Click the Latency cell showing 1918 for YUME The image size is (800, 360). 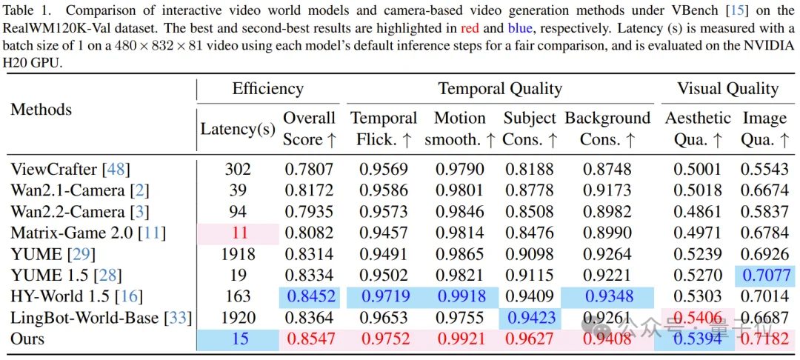tap(239, 254)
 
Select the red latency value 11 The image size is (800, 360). tap(239, 233)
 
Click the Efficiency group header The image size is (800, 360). tap(267, 89)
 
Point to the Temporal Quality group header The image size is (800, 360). tap(500, 89)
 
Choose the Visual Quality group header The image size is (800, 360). tap(727, 89)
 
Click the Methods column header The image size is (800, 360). tap(41, 110)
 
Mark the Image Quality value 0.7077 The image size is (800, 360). tap(765, 276)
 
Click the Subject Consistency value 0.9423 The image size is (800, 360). tap(529, 318)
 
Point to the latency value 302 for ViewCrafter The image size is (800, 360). tap(239, 169)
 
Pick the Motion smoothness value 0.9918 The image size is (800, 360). tap(459, 296)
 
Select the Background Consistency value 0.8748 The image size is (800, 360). tap(607, 169)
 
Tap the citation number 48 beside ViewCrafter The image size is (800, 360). tap(116, 169)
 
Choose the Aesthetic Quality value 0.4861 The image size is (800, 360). tap(698, 212)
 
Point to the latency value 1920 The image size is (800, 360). tap(239, 318)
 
